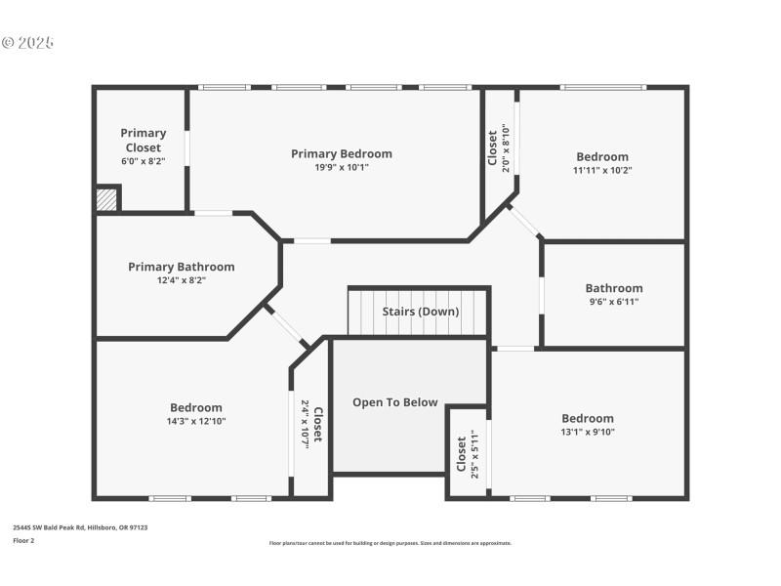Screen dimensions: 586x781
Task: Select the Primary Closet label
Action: point(143,140)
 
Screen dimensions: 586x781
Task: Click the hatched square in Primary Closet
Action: point(106,199)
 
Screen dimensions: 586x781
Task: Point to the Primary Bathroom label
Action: point(182,267)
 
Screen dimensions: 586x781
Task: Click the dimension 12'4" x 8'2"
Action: point(182,280)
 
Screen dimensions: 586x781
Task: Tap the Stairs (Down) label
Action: point(420,312)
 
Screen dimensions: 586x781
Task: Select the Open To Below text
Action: point(395,402)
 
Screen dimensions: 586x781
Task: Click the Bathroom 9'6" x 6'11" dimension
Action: point(614,302)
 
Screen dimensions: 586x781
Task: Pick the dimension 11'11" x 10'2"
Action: point(602,170)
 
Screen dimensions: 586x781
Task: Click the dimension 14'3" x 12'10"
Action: point(196,421)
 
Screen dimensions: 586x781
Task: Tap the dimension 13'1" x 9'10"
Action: point(587,432)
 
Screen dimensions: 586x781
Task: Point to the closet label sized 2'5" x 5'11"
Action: point(468,453)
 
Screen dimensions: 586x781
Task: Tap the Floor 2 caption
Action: point(23,539)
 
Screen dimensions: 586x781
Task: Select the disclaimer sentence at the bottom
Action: point(390,543)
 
